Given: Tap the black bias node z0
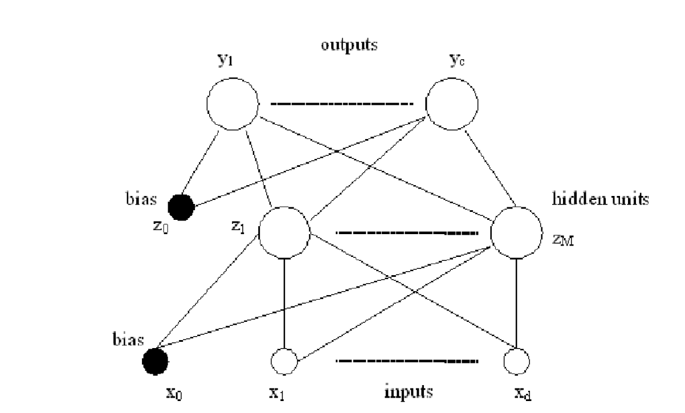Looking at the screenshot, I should tap(181, 206).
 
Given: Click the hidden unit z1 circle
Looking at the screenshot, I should tap(284, 232).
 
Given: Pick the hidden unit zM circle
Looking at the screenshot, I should tap(516, 232).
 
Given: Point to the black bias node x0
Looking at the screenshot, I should tap(154, 361).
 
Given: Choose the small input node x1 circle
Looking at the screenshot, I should tap(284, 361).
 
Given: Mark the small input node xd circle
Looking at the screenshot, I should tap(517, 361).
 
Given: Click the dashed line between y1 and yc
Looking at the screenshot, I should tap(341, 104).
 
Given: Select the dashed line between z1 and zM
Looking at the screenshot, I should tap(407, 232).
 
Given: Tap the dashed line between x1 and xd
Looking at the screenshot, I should tap(407, 362).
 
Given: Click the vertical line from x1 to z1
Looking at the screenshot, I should tap(284, 302).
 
